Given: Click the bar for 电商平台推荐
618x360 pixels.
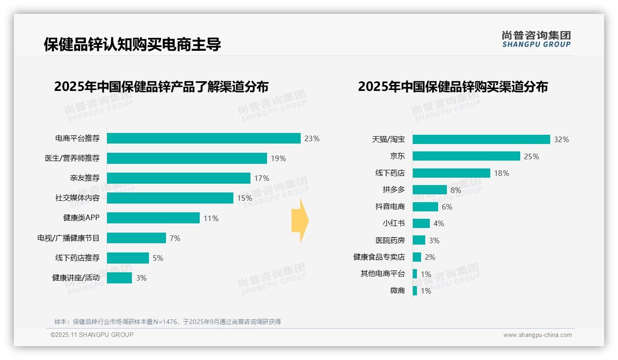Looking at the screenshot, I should pyautogui.click(x=203, y=138).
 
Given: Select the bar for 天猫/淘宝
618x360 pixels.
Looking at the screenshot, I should pyautogui.click(x=481, y=139).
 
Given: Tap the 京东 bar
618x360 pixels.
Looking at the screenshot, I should pyautogui.click(x=466, y=156).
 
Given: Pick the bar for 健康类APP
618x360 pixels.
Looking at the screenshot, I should pyautogui.click(x=153, y=218).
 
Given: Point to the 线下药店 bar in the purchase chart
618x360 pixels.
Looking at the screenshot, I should pyautogui.click(x=451, y=173).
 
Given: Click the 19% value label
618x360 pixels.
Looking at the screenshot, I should pyautogui.click(x=278, y=159).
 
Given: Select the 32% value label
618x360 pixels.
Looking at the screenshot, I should pyautogui.click(x=561, y=140).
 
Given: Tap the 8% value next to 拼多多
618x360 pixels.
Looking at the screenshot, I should pyautogui.click(x=456, y=190).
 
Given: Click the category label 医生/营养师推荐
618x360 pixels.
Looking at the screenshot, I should pyautogui.click(x=72, y=158).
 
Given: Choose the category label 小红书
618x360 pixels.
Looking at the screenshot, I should pyautogui.click(x=393, y=223).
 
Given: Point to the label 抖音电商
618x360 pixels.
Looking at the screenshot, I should pyautogui.click(x=390, y=207).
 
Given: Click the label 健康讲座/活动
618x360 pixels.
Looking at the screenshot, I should pyautogui.click(x=76, y=278).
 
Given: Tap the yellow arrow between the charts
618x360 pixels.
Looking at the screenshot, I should pyautogui.click(x=300, y=221).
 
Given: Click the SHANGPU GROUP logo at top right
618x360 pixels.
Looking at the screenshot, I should pyautogui.click(x=536, y=39).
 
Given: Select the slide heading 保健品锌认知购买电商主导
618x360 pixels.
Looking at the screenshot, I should pyautogui.click(x=132, y=44).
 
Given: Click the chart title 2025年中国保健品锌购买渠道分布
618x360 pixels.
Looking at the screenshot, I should pyautogui.click(x=452, y=87).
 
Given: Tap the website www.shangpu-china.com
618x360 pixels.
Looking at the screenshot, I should pyautogui.click(x=537, y=335).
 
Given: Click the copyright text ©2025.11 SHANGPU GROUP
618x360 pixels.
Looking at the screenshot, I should pyautogui.click(x=92, y=335).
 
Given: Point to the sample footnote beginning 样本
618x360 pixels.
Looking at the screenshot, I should pyautogui.click(x=167, y=322).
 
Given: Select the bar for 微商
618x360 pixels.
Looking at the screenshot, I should pyautogui.click(x=415, y=291).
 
